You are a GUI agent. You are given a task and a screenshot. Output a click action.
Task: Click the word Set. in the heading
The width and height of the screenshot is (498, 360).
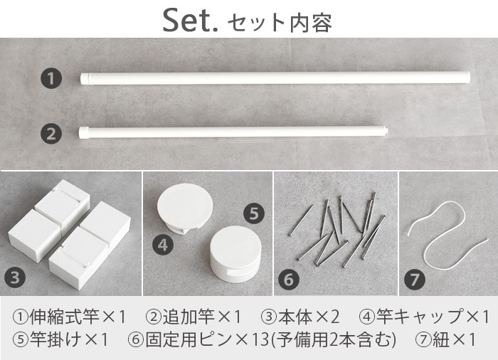[190, 21]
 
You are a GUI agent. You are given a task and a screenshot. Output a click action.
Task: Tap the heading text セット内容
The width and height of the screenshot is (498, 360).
[280, 23]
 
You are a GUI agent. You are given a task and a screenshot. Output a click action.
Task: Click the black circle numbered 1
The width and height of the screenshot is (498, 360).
[51, 78]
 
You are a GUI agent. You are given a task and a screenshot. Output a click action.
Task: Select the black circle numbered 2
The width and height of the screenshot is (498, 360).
[51, 134]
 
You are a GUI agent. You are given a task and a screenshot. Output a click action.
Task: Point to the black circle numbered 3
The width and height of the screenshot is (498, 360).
[15, 277]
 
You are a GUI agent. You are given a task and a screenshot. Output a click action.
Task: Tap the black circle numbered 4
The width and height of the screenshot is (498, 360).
[163, 245]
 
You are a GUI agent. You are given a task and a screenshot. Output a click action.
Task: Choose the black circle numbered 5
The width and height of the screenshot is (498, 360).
[254, 213]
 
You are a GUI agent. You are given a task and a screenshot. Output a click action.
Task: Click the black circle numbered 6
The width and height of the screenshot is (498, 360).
[289, 280]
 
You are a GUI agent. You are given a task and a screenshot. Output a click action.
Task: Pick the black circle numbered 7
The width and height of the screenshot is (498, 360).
[415, 280]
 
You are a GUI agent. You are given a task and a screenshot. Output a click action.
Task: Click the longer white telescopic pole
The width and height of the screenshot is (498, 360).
[275, 78]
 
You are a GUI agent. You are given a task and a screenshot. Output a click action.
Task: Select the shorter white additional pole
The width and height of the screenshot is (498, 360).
[233, 132]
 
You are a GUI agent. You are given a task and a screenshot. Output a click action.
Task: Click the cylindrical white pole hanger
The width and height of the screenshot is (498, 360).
[235, 254]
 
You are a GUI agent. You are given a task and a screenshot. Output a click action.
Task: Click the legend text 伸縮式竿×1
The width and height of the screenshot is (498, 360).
[70, 317]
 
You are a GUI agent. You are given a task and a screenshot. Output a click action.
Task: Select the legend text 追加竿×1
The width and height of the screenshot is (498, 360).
[194, 317]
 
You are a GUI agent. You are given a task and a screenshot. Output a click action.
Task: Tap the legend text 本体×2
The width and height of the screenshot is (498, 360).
[300, 317]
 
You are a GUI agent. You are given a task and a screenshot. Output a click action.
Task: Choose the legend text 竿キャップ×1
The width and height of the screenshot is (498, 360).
[424, 317]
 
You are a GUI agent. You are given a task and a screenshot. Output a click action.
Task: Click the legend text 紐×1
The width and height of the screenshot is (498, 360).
[445, 339]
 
